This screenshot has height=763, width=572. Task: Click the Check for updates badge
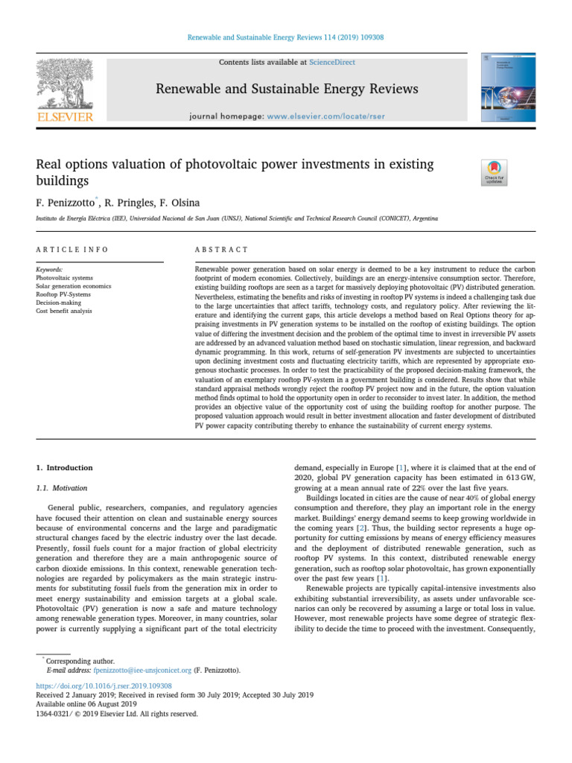tap(495, 173)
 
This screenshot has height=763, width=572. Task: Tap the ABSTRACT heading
tap(221, 249)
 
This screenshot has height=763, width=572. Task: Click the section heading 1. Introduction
tap(65, 468)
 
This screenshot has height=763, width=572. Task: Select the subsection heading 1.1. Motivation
tap(62, 488)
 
